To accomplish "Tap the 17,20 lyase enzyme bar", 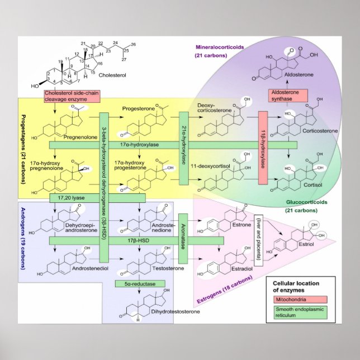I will (x=98, y=198).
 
